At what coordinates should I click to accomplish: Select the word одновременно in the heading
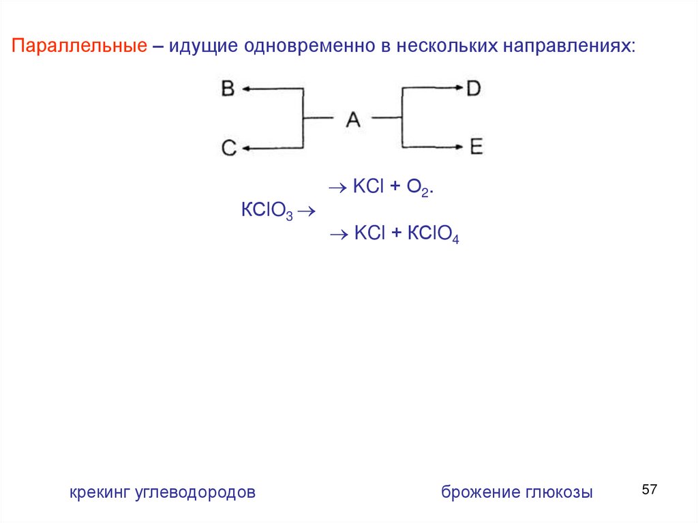pos(307,47)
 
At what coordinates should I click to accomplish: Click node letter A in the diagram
pos(352,119)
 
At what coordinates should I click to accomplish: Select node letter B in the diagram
pos(228,89)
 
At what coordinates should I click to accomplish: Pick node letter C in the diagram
pos(228,147)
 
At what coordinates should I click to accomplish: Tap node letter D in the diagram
pos(474,89)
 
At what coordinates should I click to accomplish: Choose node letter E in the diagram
pos(476,147)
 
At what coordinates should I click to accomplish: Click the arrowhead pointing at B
pos(246,89)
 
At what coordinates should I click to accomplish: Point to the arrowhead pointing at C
pos(246,147)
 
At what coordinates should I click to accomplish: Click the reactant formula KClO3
pos(267,210)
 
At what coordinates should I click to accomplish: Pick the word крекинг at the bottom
pos(98,492)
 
